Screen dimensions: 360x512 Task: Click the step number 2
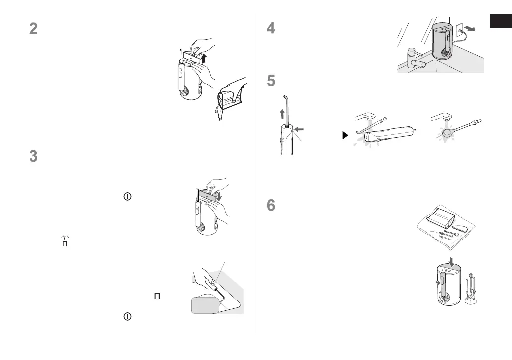pyautogui.click(x=33, y=29)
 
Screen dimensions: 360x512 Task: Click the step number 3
pyautogui.click(x=33, y=156)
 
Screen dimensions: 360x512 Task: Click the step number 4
pyautogui.click(x=271, y=29)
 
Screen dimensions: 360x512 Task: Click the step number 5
pyautogui.click(x=271, y=81)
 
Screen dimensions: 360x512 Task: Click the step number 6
pyautogui.click(x=271, y=206)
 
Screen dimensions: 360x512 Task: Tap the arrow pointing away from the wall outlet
pyautogui.click(x=475, y=29)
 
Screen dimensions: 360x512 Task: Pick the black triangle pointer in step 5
pyautogui.click(x=345, y=135)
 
